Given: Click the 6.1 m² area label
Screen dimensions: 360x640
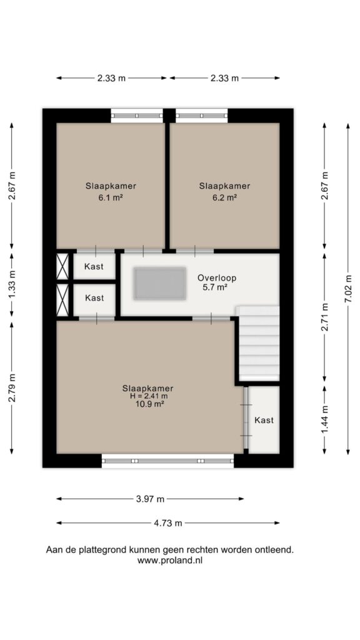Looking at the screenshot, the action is point(111,197).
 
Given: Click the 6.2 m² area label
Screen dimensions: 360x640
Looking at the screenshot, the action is point(224,197).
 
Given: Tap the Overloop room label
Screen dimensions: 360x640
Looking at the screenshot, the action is point(217,278).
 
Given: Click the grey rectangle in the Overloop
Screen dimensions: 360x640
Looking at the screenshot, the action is point(160,283).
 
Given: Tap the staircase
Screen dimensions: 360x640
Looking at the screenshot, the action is point(258,343).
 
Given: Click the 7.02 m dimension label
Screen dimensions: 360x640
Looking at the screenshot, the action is point(348,288).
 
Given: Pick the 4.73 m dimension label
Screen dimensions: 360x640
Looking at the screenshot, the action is point(169,523).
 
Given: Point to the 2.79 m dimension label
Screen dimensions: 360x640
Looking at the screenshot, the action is point(11,388).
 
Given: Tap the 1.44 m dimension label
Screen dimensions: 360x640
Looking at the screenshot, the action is point(324,421).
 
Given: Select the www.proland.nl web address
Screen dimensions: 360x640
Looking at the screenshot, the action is point(170,561).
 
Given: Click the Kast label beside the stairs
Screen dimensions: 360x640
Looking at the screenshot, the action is point(264,420).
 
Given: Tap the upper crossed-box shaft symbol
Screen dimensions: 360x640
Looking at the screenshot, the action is point(62,266).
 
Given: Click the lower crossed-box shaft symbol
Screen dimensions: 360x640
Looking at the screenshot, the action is point(62,301).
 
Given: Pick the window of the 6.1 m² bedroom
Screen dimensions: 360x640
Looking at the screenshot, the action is point(137,116).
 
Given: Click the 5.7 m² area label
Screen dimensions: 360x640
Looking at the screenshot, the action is point(215,287).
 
